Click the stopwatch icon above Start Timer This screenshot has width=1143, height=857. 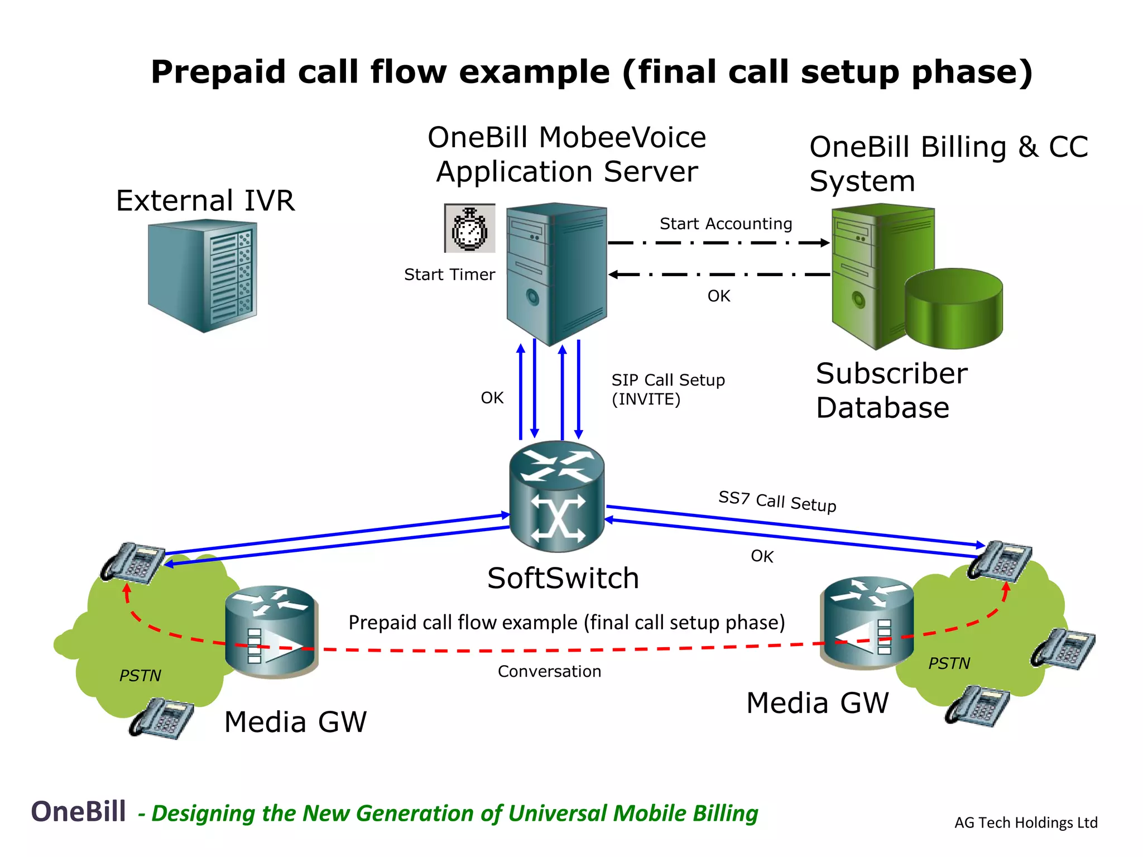pos(469,228)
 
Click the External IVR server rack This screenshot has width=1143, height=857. pos(203,276)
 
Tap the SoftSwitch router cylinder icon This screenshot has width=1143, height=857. pos(557,496)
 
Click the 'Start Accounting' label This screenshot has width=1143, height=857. pos(726,224)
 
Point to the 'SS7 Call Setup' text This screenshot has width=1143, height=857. pos(777,501)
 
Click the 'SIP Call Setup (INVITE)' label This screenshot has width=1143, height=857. pos(667,389)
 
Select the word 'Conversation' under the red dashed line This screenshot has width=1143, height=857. pos(549,671)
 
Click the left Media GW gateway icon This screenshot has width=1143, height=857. pos(271,632)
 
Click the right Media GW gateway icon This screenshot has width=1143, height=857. pos(866,623)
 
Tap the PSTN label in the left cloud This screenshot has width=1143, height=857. pos(140,676)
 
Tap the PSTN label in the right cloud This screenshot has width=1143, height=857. pos(949,663)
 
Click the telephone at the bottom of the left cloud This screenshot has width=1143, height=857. pos(161,718)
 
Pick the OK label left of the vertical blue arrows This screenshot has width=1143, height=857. pos(492,398)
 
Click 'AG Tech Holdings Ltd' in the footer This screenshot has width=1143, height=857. pos(1026,822)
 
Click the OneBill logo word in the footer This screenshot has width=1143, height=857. pos(78,811)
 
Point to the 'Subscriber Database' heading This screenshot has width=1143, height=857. pos(891,390)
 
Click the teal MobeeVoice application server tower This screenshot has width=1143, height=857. pos(556,273)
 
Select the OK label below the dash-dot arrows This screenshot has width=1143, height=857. pos(718,296)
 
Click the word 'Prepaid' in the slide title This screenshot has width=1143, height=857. pos(218,72)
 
